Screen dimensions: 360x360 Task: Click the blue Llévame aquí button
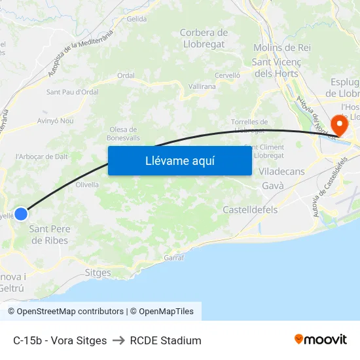coord(179,160)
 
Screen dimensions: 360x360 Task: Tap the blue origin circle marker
coord(21,213)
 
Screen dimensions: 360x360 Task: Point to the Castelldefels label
coord(250,210)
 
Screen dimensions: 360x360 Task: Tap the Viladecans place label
coord(281,171)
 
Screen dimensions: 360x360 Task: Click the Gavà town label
coord(272,186)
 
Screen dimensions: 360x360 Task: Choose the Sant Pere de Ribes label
coord(49,235)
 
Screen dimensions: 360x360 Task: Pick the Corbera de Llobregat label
coord(204,39)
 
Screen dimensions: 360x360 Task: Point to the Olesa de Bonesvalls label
coord(123,134)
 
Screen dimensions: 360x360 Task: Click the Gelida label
coord(137,19)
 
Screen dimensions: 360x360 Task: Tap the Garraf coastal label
coord(173,257)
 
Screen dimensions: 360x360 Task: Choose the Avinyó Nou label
coord(56,121)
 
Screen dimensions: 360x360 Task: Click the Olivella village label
coord(87,185)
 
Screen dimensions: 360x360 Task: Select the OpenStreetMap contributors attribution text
coord(70,312)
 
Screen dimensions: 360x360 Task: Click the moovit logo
coord(320,340)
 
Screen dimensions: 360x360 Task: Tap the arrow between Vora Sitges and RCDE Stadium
coord(118,340)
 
